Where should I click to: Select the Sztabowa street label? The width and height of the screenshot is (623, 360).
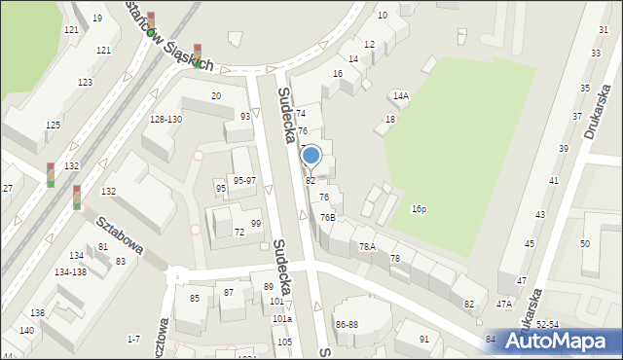click(x=119, y=236)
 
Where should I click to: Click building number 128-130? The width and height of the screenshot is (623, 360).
click(x=165, y=119)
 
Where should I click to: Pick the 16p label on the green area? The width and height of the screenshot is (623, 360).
click(x=419, y=209)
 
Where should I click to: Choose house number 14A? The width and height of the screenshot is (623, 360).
click(x=401, y=96)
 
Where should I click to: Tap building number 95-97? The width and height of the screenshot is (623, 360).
click(x=244, y=181)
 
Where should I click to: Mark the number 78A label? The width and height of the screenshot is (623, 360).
click(x=367, y=247)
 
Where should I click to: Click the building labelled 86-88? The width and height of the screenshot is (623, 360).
click(x=347, y=324)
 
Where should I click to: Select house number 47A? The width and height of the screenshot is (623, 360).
click(x=503, y=305)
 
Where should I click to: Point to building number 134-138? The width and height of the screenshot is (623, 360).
click(x=70, y=272)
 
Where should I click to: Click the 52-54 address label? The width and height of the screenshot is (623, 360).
click(x=546, y=324)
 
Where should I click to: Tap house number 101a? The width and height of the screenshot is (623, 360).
click(x=281, y=319)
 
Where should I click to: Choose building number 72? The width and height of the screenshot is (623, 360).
click(x=239, y=233)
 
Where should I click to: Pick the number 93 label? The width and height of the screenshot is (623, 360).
click(x=245, y=117)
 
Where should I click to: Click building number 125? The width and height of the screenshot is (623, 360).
click(x=53, y=126)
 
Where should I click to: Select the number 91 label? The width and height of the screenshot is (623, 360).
click(x=424, y=339)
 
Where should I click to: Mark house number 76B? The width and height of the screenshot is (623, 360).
click(x=328, y=217)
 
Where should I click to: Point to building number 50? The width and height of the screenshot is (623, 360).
click(x=585, y=244)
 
